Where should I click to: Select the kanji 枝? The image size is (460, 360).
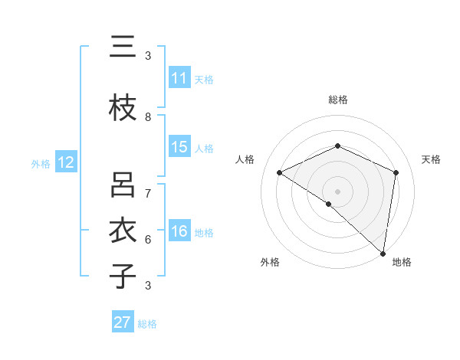123,109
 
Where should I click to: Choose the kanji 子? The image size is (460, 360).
123,276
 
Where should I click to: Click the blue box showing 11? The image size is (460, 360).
179,78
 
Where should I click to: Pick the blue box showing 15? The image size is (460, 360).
179,147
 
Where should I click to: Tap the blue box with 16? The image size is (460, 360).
179,231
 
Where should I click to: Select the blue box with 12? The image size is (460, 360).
66,162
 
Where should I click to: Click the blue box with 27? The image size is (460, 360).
123,322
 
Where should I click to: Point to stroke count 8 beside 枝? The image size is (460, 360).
148,117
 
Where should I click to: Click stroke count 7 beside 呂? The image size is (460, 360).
148,193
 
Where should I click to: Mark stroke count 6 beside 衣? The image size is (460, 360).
148,239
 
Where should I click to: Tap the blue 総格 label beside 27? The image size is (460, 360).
147,324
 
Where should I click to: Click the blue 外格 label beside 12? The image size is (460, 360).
41,163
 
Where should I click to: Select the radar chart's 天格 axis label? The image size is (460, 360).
431,159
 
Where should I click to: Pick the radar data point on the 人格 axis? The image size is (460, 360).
280,172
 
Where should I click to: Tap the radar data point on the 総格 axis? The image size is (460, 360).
337,146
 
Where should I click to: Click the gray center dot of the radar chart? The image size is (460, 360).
337,191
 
